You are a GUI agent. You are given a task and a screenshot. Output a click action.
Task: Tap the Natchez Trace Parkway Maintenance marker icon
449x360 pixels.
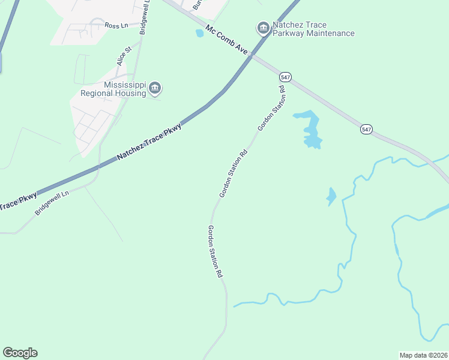pyautogui.click(x=262, y=28)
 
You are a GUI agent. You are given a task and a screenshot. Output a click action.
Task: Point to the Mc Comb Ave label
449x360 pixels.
pyautogui.click(x=226, y=41)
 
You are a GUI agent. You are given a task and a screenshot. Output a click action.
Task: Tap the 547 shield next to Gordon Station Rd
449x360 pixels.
pyautogui.click(x=285, y=77)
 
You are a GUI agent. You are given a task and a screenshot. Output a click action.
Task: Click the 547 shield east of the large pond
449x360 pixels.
pyautogui.click(x=366, y=129)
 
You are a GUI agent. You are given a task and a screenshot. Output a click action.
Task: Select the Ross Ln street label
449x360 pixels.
pyautogui.click(x=116, y=25)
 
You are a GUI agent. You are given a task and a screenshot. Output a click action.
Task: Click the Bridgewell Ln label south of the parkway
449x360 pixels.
pyautogui.click(x=52, y=204)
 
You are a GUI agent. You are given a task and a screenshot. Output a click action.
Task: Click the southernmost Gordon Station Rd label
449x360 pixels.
pyautogui.click(x=215, y=251)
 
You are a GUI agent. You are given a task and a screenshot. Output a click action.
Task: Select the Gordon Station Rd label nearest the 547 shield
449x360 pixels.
pyautogui.click(x=271, y=108)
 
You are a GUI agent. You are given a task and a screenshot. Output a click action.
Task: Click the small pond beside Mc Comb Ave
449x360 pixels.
pyautogui.click(x=199, y=33)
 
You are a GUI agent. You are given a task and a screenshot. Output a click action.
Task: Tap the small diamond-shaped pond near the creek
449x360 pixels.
pyautogui.click(x=331, y=196)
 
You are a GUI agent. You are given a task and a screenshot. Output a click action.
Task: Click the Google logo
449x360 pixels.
pyautogui.click(x=20, y=353)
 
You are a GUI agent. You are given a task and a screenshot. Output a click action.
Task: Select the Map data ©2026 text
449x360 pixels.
pyautogui.click(x=423, y=355)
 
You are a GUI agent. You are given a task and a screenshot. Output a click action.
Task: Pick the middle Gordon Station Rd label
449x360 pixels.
pyautogui.click(x=234, y=174)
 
